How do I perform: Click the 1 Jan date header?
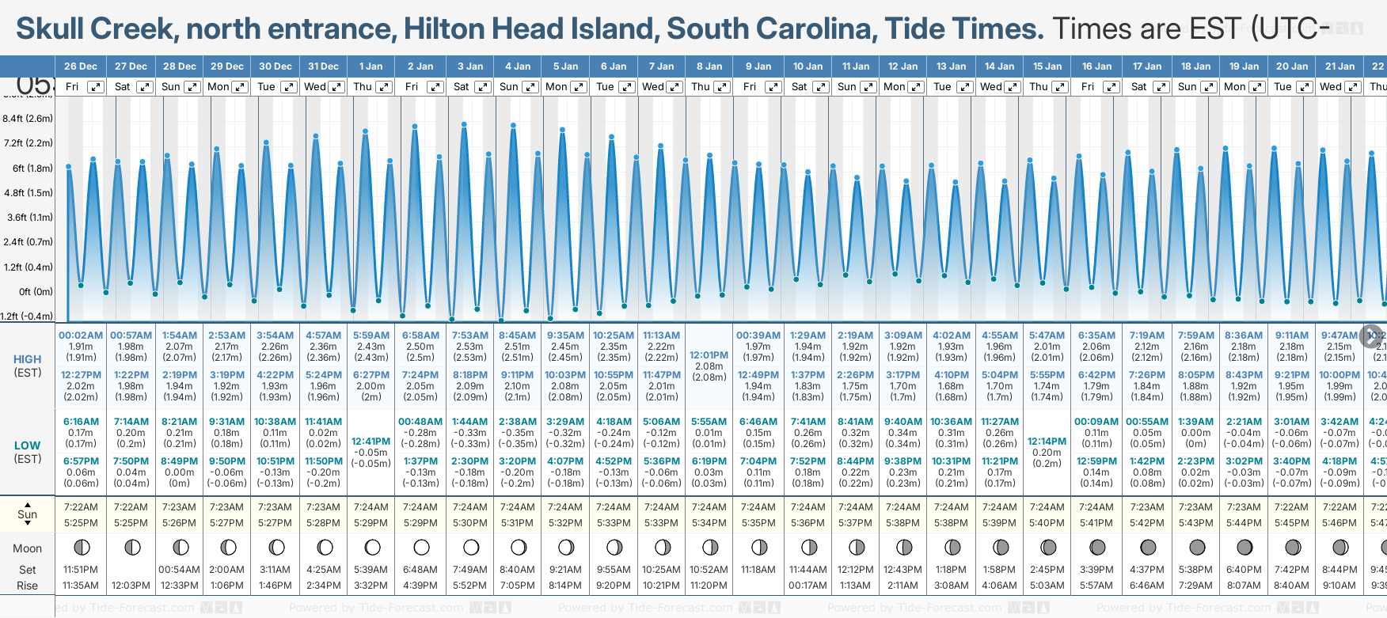(x=370, y=66)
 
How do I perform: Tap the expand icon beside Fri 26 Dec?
(x=95, y=87)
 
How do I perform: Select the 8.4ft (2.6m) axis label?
(x=28, y=119)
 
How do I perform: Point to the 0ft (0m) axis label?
(x=36, y=292)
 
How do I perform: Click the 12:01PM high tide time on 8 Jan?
(x=709, y=355)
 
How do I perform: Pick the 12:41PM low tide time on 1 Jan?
(x=370, y=442)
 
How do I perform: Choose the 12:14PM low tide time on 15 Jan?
(x=1047, y=442)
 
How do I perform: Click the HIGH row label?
(x=27, y=359)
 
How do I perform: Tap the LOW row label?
(x=27, y=445)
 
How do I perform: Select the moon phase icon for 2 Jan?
(x=421, y=547)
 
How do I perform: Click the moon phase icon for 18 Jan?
(x=1196, y=547)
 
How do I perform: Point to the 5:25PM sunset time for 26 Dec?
(x=81, y=523)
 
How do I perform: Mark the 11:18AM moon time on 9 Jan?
(x=758, y=570)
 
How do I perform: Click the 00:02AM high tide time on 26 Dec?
(x=81, y=336)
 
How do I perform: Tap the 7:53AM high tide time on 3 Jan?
(x=469, y=336)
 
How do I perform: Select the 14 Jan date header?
(x=1000, y=66)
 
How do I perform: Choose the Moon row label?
(x=27, y=548)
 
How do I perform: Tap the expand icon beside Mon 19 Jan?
(x=1256, y=87)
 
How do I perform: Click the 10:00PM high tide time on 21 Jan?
(x=1339, y=375)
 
